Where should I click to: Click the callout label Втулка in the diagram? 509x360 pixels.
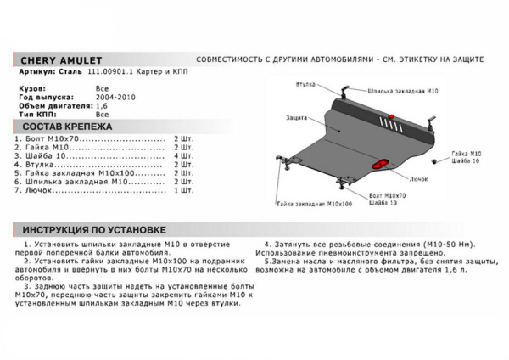click(x=307, y=87)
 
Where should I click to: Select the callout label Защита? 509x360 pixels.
click(x=297, y=115)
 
